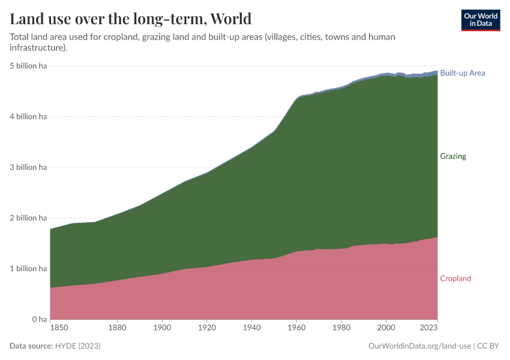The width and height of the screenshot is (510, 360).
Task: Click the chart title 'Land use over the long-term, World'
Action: [130, 19]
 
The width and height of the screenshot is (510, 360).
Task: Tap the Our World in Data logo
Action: [480, 20]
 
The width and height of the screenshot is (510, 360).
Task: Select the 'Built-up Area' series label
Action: [462, 73]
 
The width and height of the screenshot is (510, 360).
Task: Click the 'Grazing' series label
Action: [453, 156]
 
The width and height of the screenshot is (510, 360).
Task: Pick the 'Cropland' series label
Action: [455, 278]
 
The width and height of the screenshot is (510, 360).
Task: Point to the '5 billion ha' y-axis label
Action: [28, 66]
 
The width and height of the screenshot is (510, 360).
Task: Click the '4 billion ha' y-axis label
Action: [28, 117]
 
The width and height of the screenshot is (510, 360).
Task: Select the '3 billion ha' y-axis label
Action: [28, 167]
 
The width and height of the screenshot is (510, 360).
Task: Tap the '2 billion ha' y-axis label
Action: [28, 218]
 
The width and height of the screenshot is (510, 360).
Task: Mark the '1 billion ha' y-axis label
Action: [28, 269]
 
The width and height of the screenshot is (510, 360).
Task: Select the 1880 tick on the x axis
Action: [117, 328]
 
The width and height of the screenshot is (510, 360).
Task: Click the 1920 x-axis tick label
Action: [206, 328]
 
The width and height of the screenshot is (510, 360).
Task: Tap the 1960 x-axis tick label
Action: [296, 328]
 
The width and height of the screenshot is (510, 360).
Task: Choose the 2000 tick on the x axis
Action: [386, 328]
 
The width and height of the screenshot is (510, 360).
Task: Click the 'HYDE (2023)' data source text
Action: [78, 346]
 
